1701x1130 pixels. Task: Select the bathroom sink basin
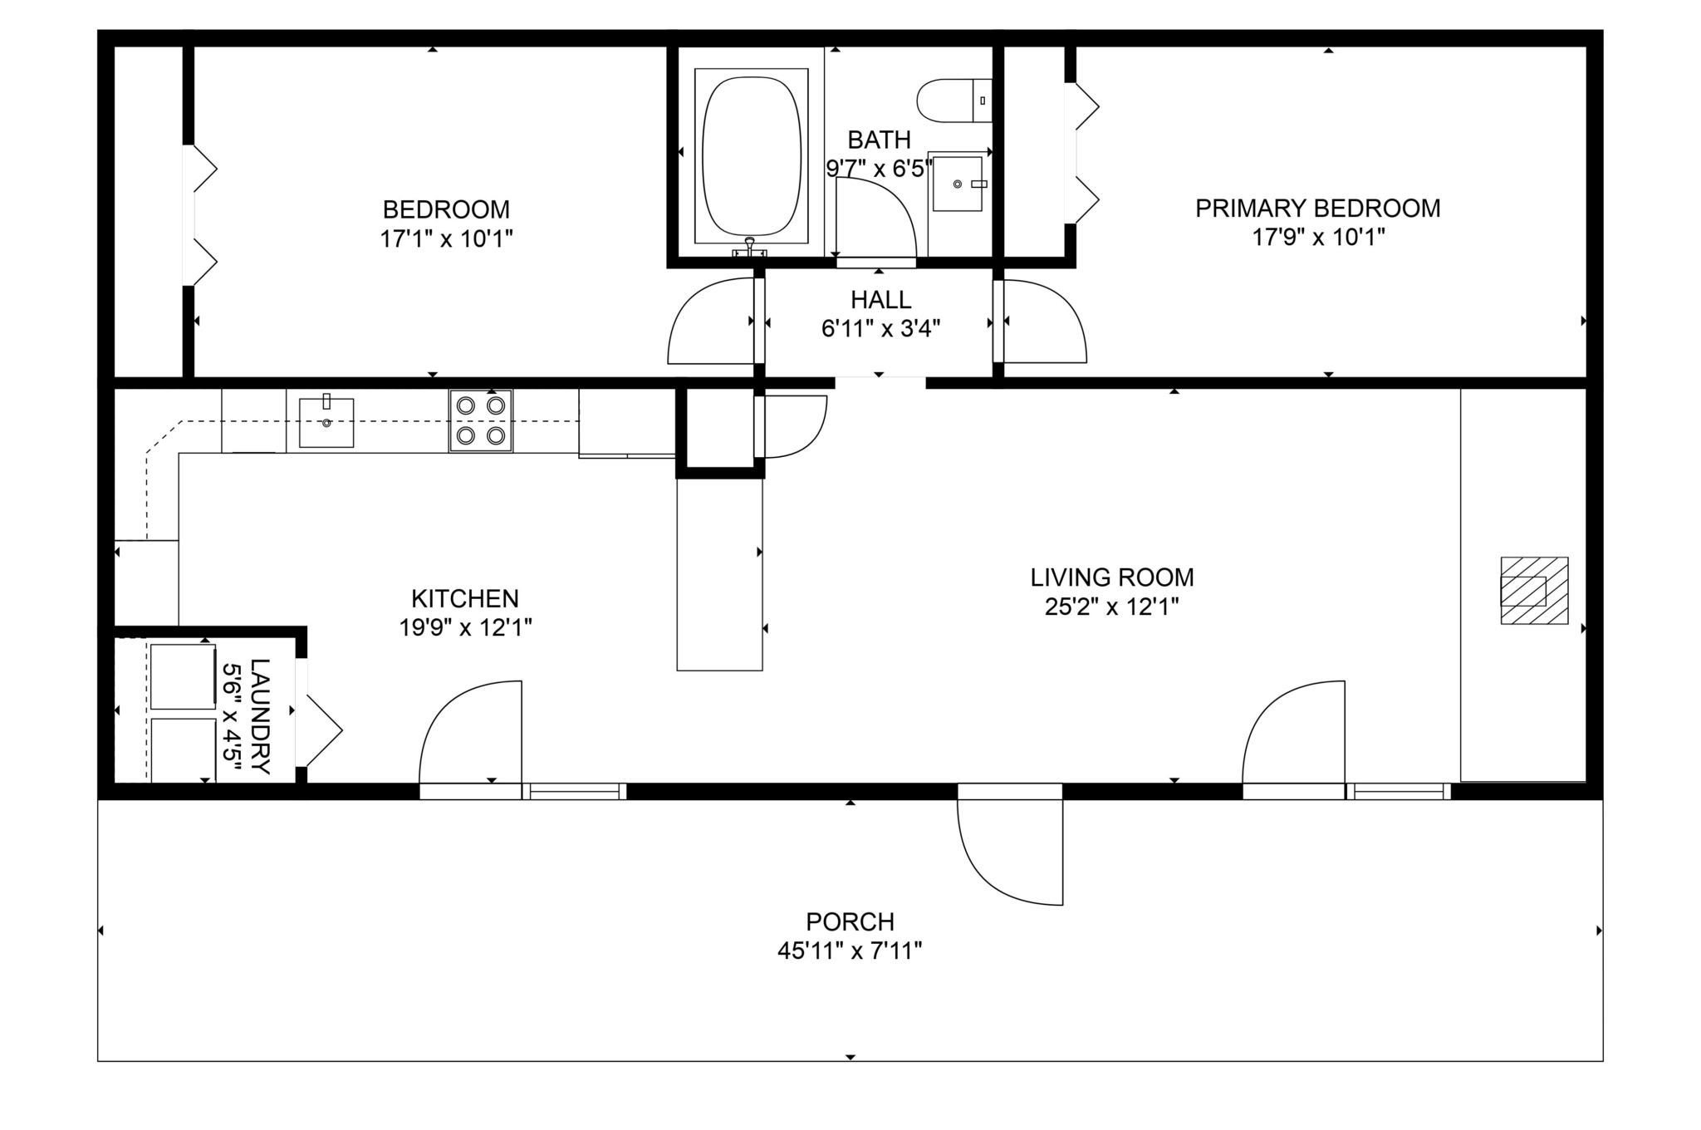coord(957,184)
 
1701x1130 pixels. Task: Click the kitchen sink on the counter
coord(326,422)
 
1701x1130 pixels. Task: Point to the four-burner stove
coord(481,420)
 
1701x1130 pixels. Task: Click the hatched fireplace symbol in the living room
coord(1533,591)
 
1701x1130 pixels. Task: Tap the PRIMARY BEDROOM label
coord(1317,208)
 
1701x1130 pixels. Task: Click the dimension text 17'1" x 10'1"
coord(446,239)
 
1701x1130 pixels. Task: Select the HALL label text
coord(880,299)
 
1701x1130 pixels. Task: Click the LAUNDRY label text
coord(260,715)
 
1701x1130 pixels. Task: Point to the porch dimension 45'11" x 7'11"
coord(850,951)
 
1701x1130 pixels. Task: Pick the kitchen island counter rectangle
coord(719,573)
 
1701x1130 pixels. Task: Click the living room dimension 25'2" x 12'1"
coord(1111,607)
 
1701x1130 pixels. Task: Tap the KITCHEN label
coord(464,598)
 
